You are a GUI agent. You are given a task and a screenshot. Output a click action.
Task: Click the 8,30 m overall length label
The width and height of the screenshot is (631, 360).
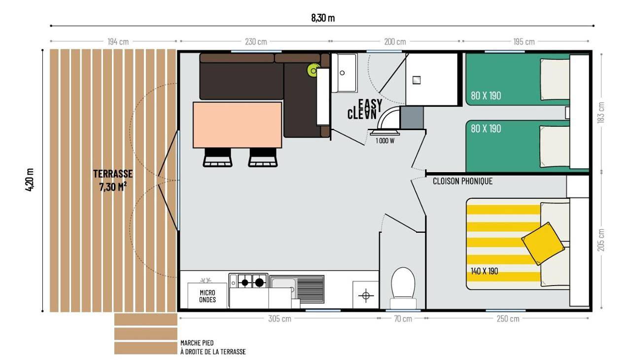tap(323, 18)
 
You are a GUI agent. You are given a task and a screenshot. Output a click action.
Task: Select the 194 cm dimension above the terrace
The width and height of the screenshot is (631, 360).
tap(118, 42)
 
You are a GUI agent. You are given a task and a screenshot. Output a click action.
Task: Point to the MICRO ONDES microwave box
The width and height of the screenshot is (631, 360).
tap(208, 296)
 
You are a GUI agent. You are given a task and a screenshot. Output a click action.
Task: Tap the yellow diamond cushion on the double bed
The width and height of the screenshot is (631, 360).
tap(543, 244)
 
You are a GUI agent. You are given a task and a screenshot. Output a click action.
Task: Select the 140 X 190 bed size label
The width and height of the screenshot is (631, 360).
tap(485, 271)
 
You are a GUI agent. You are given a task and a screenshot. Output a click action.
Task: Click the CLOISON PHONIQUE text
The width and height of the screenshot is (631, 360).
tap(462, 181)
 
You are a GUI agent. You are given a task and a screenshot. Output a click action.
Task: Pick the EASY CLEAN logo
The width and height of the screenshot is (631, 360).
tap(365, 109)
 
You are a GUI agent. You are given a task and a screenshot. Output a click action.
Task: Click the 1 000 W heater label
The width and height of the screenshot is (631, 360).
tap(385, 141)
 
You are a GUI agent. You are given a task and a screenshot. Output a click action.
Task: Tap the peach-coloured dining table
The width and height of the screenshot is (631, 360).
tap(238, 125)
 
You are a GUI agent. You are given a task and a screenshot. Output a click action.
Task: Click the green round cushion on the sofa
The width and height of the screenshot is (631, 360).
tap(314, 71)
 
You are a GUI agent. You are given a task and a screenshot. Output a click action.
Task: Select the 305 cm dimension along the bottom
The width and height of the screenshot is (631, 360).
tap(280, 319)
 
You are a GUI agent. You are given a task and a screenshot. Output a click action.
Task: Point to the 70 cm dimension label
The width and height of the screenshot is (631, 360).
tap(403, 319)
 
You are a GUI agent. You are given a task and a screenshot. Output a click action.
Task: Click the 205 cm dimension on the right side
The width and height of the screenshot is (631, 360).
tap(601, 240)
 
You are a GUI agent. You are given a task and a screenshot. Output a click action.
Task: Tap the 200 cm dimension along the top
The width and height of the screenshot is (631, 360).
tap(395, 42)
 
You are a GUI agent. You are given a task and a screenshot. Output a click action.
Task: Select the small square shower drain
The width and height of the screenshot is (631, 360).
tap(417, 80)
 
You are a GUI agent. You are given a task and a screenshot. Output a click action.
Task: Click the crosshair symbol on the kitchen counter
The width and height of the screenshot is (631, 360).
tap(366, 296)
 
